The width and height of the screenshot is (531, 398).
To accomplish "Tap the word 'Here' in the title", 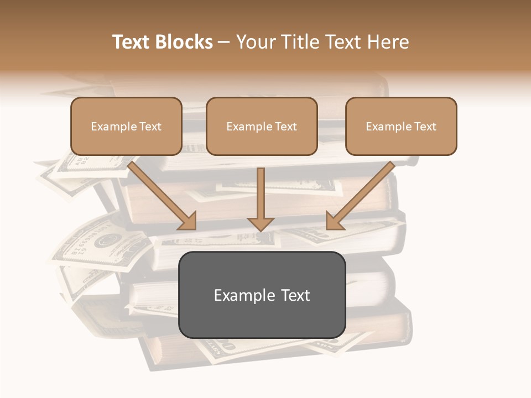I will pyautogui.click(x=389, y=42).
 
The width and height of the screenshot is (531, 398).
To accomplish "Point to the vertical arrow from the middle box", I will pyautogui.click(x=261, y=193).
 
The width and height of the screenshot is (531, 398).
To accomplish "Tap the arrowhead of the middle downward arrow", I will pyautogui.click(x=261, y=224).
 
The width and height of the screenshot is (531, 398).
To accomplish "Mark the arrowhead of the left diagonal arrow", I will pyautogui.click(x=188, y=221).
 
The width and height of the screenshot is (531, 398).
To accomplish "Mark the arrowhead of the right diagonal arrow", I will pyautogui.click(x=334, y=221).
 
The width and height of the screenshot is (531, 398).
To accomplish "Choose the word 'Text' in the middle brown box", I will pyautogui.click(x=285, y=127).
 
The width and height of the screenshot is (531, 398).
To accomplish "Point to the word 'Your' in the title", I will pyautogui.click(x=256, y=42).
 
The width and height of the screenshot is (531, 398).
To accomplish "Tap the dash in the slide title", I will pyautogui.click(x=224, y=43).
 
